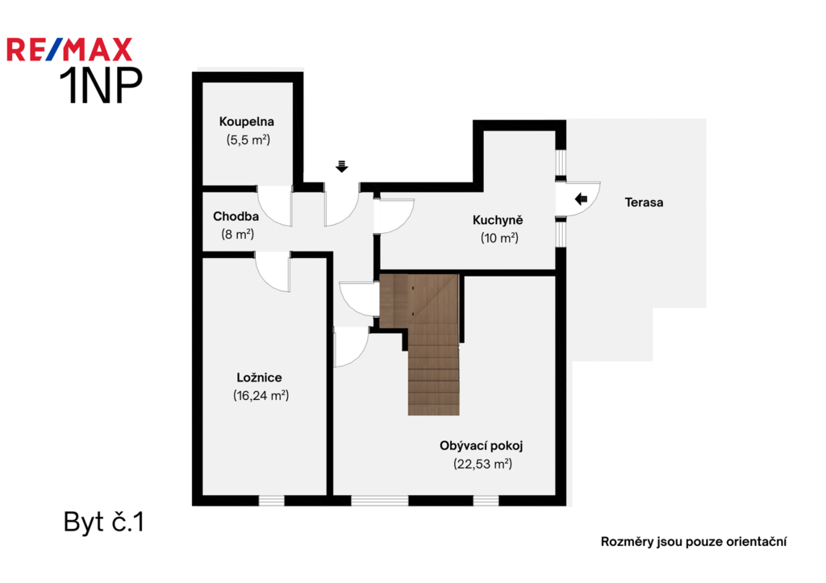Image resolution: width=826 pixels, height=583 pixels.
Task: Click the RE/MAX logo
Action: (69, 49)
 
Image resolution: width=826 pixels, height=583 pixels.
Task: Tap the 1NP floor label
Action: (101, 85)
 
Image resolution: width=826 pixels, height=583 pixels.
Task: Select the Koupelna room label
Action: (247, 122)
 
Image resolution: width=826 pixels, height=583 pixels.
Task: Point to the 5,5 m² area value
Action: (248, 140)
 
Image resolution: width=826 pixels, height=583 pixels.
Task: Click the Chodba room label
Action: (236, 216)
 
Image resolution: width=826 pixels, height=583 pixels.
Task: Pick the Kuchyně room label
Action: (497, 220)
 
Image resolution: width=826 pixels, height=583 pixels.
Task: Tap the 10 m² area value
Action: (499, 238)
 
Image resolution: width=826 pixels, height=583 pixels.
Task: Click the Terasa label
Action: (644, 202)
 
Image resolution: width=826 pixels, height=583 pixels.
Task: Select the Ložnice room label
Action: (259, 377)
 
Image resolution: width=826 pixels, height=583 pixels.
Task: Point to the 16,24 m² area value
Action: (261, 395)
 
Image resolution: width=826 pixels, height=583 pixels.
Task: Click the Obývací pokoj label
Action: (481, 446)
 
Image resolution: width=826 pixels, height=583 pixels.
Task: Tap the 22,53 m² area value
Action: (482, 464)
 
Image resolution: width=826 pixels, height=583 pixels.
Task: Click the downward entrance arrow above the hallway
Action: (342, 166)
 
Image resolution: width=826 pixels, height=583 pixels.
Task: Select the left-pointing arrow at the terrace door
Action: (581, 199)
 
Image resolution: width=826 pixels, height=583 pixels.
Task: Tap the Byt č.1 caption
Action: (104, 523)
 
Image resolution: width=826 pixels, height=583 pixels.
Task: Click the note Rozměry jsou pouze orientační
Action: (694, 542)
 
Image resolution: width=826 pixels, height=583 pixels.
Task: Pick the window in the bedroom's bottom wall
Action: (272, 500)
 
